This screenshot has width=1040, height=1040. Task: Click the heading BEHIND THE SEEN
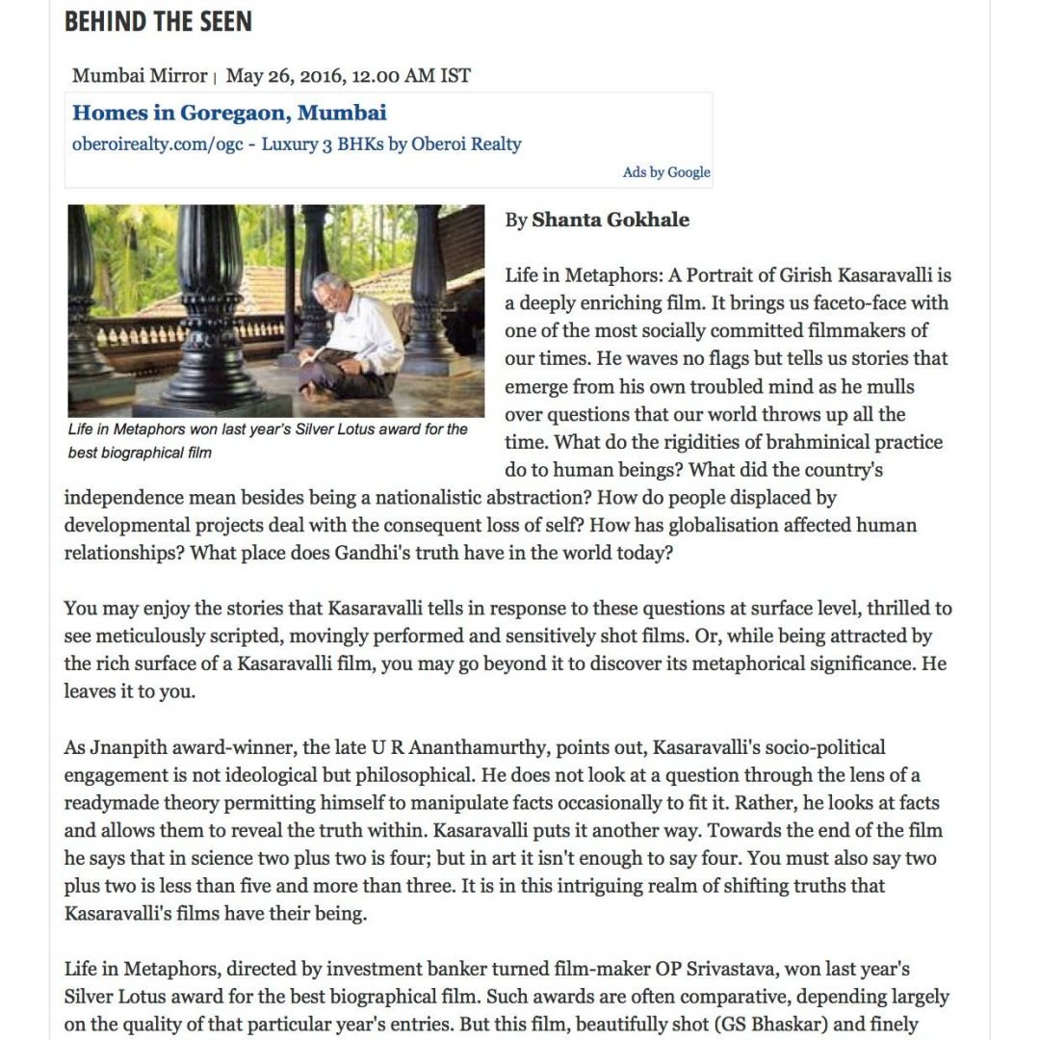158,22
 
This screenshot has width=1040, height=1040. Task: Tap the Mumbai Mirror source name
140,75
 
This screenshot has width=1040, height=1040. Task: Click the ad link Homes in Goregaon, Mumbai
229,113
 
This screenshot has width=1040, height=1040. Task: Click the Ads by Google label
666,172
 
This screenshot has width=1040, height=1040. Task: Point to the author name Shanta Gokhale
611,220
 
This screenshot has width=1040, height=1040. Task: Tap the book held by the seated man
318,357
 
